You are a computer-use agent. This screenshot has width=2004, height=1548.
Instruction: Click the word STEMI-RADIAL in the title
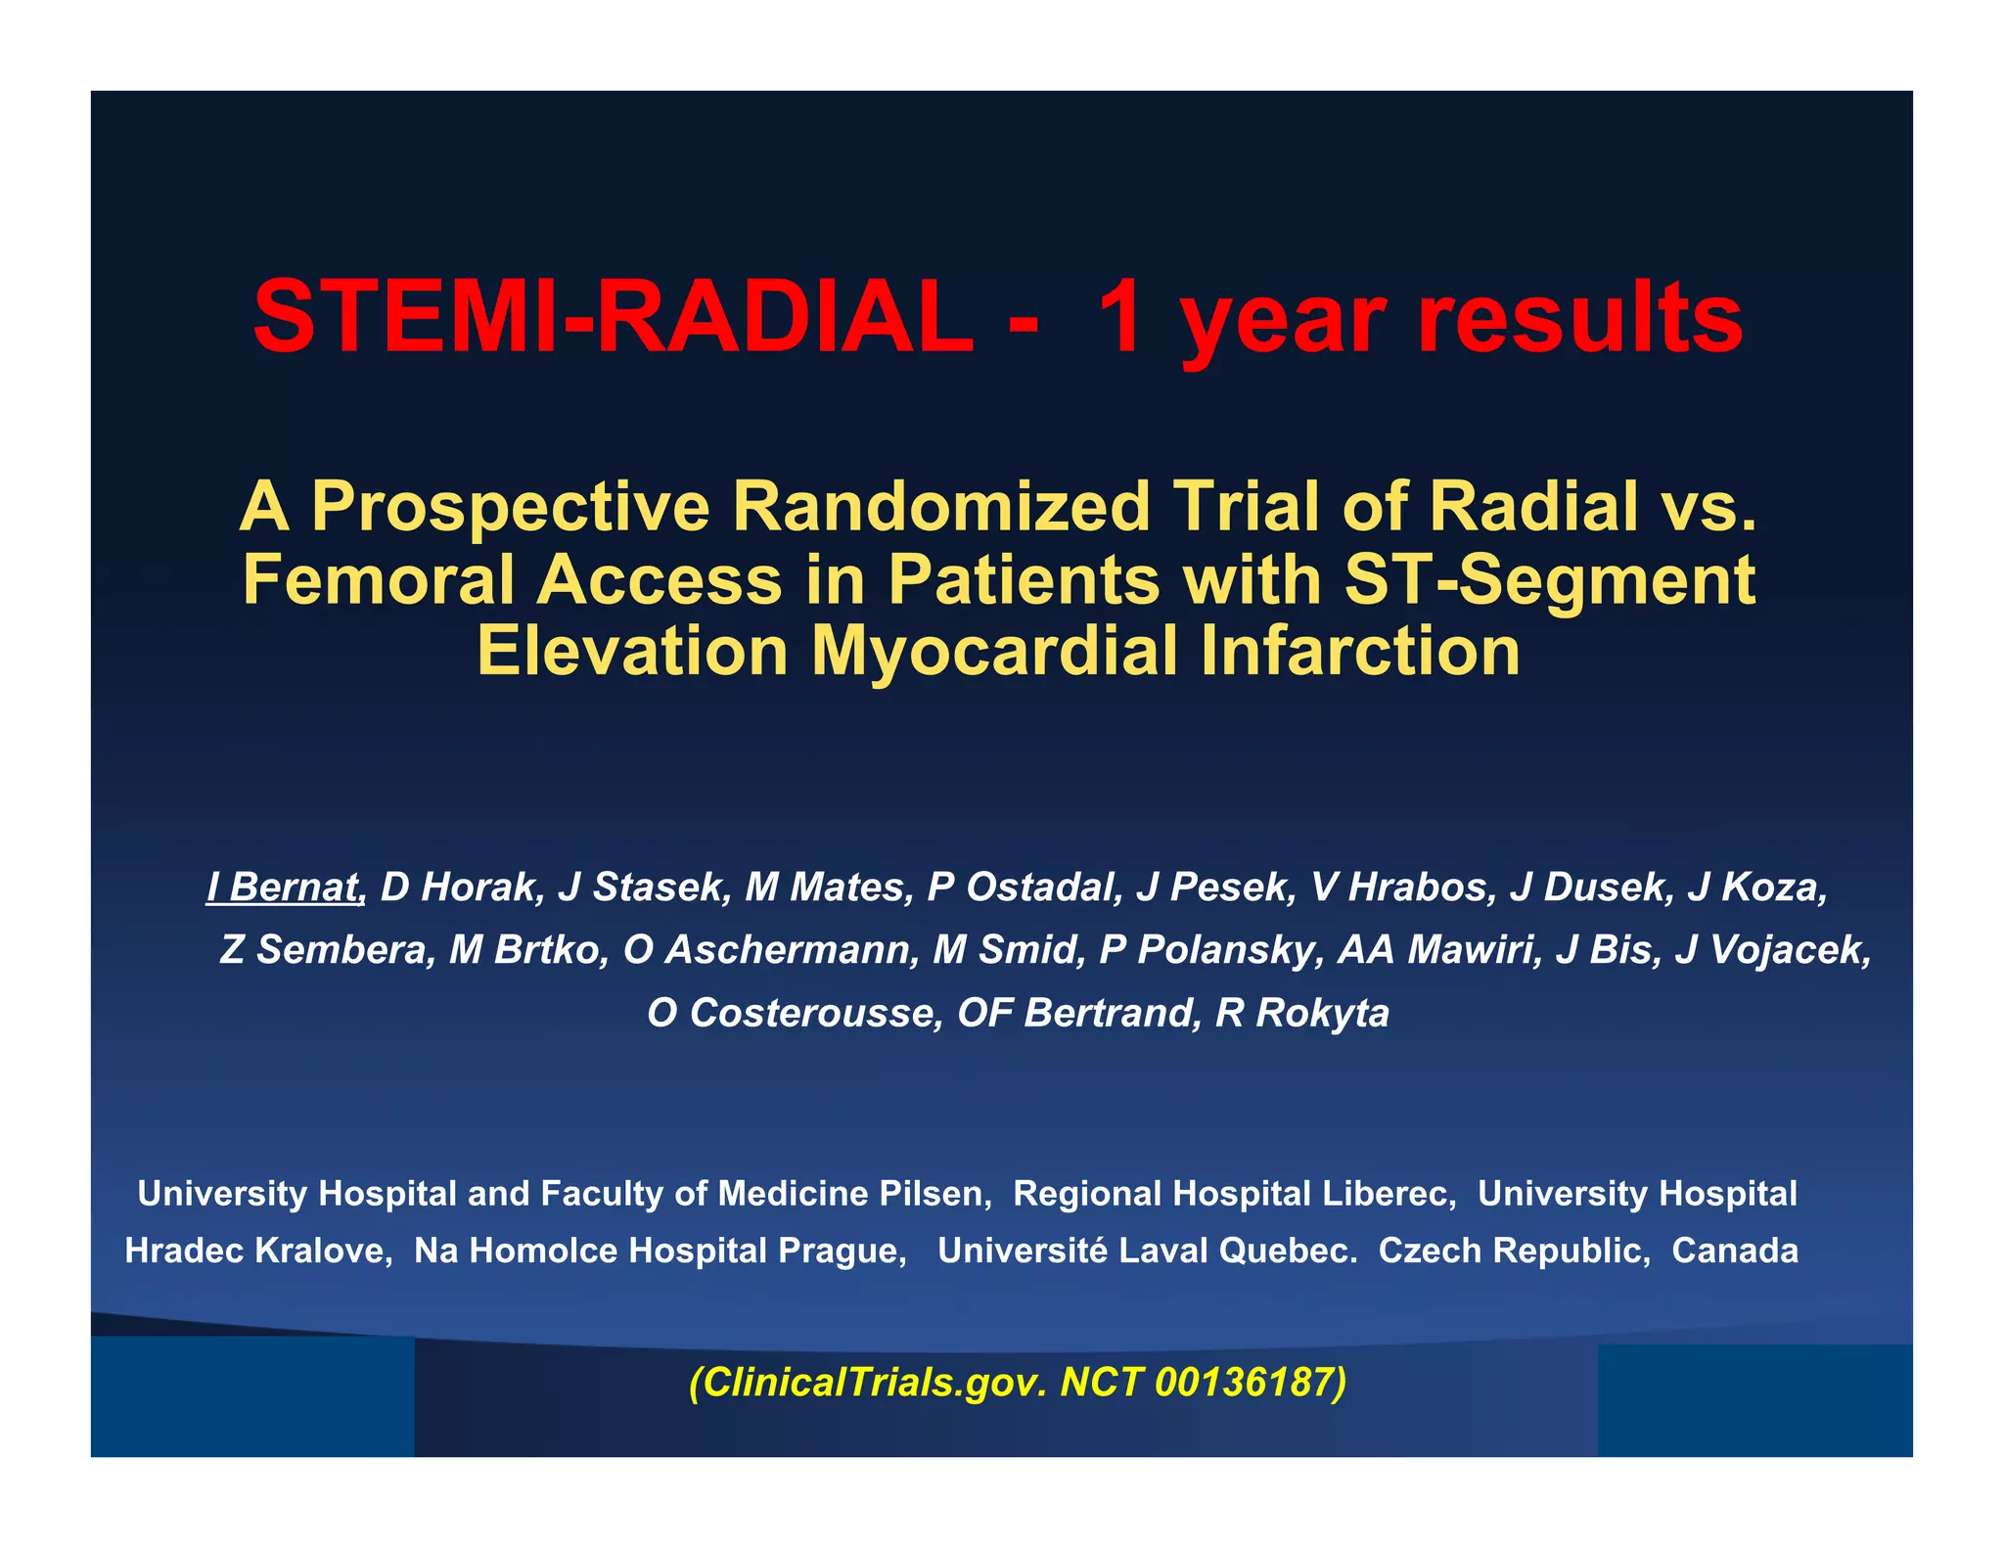(x=613, y=318)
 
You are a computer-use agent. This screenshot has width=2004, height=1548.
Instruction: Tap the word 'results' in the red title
(x=1579, y=318)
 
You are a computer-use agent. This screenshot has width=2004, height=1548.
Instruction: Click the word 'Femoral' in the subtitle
(x=378, y=579)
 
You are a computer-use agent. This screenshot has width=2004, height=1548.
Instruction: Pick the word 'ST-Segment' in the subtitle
(x=1550, y=579)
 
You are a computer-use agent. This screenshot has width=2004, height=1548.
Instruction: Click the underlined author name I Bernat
(x=285, y=887)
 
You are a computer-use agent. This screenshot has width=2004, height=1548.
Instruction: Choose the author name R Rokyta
(x=1301, y=1013)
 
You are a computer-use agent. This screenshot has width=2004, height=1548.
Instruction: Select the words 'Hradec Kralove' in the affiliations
(x=256, y=1251)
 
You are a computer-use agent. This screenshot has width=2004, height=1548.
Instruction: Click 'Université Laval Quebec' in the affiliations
(x=1145, y=1251)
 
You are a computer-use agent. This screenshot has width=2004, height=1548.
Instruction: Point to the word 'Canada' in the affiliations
(x=1734, y=1251)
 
